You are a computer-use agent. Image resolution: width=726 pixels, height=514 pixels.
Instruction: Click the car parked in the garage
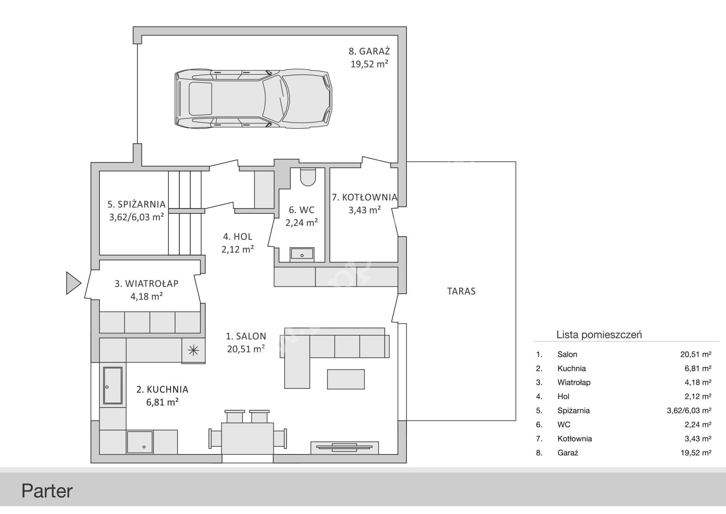click(253, 98)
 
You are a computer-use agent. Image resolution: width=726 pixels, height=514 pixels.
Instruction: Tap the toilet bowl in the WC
click(308, 177)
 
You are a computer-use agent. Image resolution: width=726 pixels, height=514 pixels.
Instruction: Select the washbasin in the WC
click(302, 254)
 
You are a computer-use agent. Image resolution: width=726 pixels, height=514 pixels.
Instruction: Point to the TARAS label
click(461, 291)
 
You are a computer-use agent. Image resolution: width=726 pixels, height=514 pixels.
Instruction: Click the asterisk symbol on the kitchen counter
click(193, 350)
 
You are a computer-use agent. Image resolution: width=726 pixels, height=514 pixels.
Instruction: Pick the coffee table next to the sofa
click(346, 379)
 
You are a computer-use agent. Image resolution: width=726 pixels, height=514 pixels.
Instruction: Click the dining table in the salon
click(248, 438)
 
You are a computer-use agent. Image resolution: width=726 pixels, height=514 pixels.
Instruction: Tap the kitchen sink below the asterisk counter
click(113, 385)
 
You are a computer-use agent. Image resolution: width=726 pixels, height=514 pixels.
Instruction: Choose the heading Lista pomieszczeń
click(599, 335)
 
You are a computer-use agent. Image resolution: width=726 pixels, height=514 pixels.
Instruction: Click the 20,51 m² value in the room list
click(696, 354)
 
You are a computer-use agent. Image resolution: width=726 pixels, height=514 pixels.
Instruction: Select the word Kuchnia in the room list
click(571, 368)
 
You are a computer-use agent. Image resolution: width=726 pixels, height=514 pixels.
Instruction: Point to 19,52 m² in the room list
click(696, 453)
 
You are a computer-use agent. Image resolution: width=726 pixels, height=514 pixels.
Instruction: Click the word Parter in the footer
click(47, 491)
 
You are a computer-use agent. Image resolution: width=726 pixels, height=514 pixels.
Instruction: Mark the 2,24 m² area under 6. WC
click(302, 223)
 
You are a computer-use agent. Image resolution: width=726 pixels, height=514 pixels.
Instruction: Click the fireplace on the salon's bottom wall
click(344, 448)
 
